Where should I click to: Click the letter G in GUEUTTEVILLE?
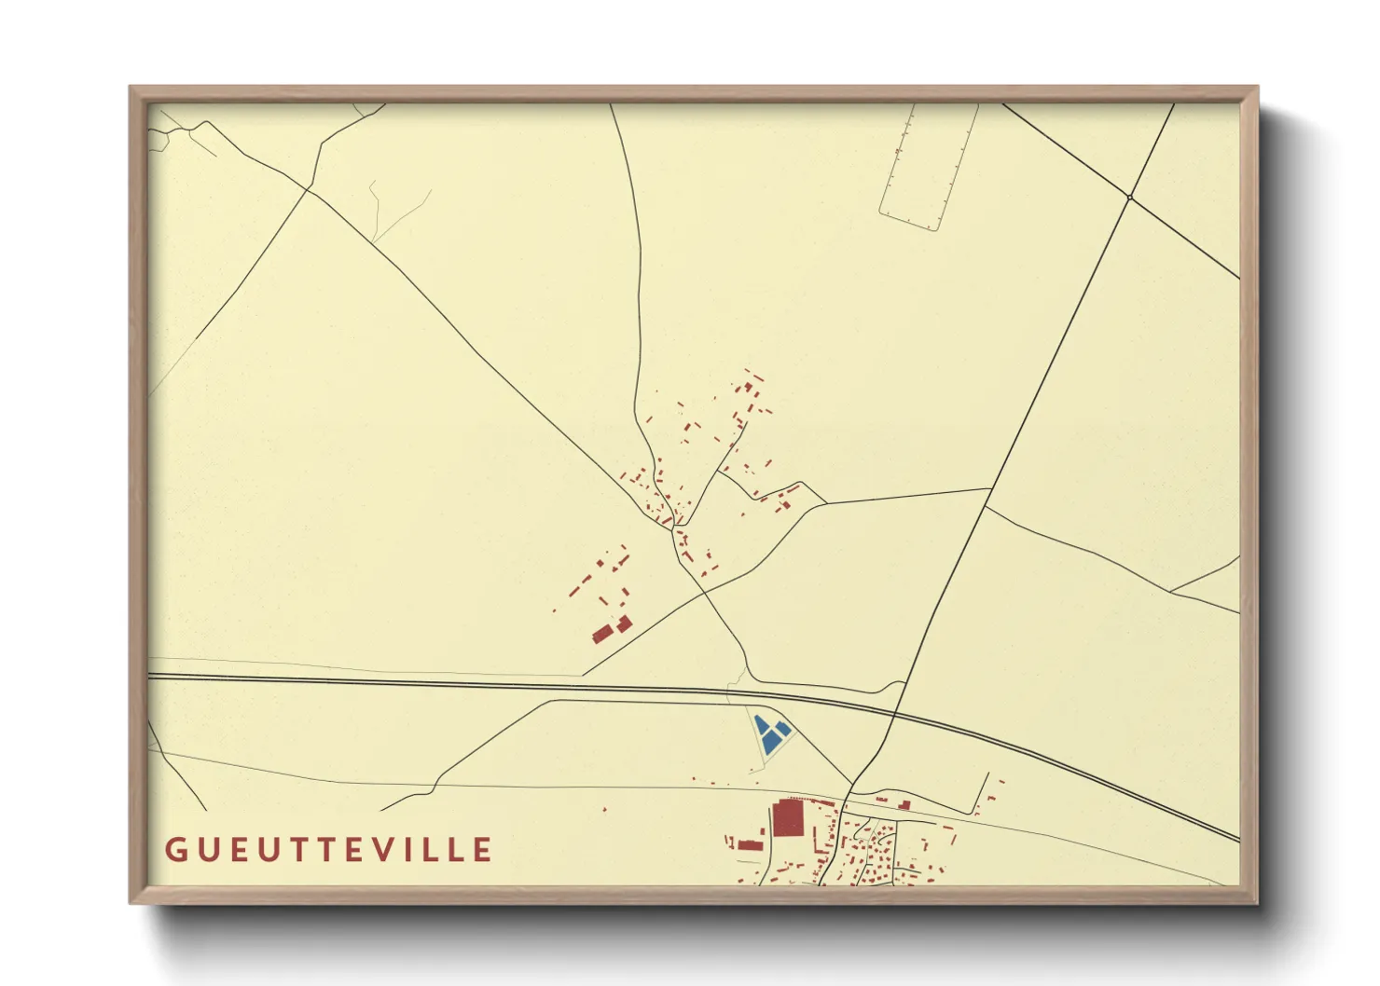pyautogui.click(x=174, y=850)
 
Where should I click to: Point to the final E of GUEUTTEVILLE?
pyautogui.click(x=483, y=850)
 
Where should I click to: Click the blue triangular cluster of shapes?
pyautogui.click(x=771, y=734)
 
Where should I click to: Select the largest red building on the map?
pyautogui.click(x=787, y=819)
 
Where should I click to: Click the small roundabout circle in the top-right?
pyautogui.click(x=1129, y=198)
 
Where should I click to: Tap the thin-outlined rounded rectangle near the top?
pyautogui.click(x=928, y=165)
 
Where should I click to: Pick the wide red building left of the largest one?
pyautogui.click(x=751, y=845)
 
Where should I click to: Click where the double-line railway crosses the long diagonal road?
pyautogui.click(x=893, y=718)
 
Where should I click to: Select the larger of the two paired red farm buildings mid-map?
pyautogui.click(x=602, y=635)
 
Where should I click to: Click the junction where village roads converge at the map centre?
pyautogui.click(x=673, y=529)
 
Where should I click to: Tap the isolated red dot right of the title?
pyautogui.click(x=604, y=810)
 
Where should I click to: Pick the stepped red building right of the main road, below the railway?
pyautogui.click(x=904, y=804)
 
